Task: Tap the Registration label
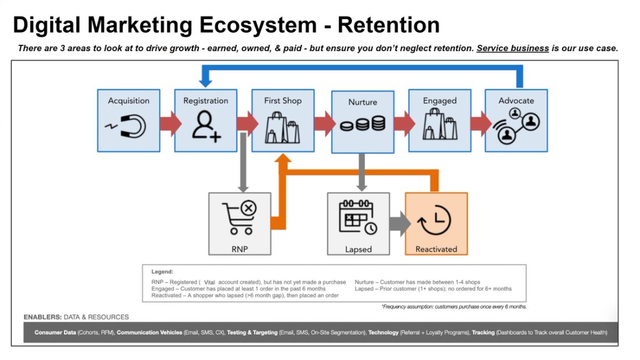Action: pyautogui.click(x=205, y=101)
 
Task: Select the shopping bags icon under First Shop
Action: pyautogui.click(x=283, y=129)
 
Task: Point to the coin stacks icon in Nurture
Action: pyautogui.click(x=362, y=124)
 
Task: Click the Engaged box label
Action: pyautogui.click(x=439, y=101)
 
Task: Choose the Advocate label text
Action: pyautogui.click(x=516, y=101)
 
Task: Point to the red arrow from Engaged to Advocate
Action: pyautogui.click(x=480, y=123)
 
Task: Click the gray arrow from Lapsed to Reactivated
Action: pyautogui.click(x=399, y=223)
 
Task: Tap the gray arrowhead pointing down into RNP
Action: pyautogui.click(x=243, y=187)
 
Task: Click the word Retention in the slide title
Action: pyautogui.click(x=389, y=25)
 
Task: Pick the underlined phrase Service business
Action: pyautogui.click(x=513, y=48)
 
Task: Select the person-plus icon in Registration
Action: pyautogui.click(x=206, y=127)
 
